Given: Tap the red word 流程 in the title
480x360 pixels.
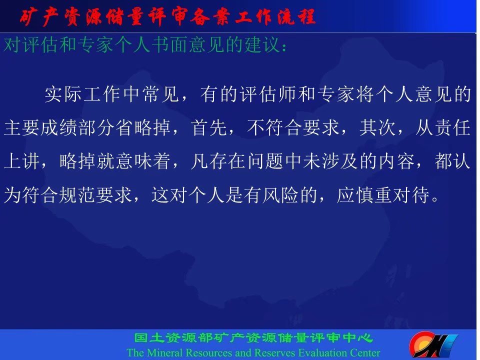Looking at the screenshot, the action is point(296,17).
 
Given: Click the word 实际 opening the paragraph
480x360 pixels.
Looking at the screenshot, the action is point(63,94).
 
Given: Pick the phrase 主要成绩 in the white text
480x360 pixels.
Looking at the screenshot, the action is point(40,127).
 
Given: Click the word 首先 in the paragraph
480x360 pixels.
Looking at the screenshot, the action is point(209,127).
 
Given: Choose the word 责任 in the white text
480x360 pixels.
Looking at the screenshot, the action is point(452,127).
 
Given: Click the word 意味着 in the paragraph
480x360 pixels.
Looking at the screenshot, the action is point(143,161).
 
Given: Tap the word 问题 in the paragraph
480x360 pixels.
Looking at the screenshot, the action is point(265,161).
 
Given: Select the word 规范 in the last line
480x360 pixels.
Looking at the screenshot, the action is point(77,195).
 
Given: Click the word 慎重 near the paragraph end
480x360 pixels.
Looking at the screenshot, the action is point(373,195).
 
